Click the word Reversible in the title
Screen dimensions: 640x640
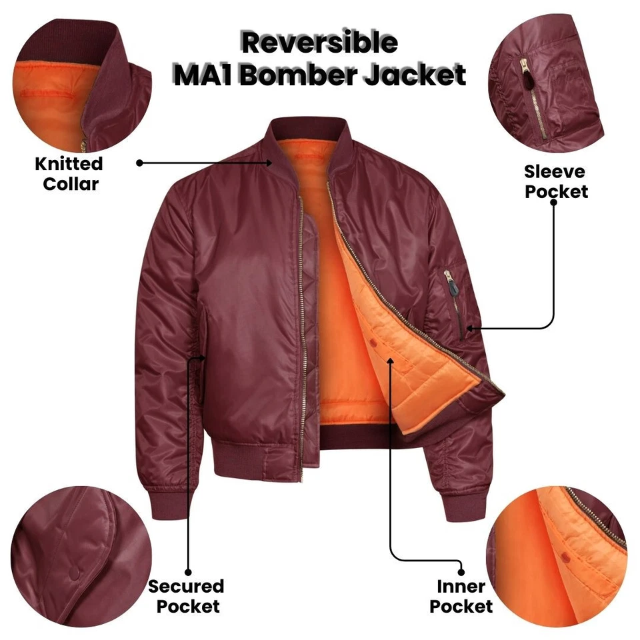(319, 43)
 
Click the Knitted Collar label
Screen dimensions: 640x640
(69, 173)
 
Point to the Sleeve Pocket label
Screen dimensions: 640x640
(555, 181)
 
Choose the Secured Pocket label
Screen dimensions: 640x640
(186, 596)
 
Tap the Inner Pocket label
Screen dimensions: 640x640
(461, 596)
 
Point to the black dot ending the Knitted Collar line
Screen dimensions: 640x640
(139, 162)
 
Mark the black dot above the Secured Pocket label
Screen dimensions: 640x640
(188, 571)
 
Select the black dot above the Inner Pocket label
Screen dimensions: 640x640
(461, 571)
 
